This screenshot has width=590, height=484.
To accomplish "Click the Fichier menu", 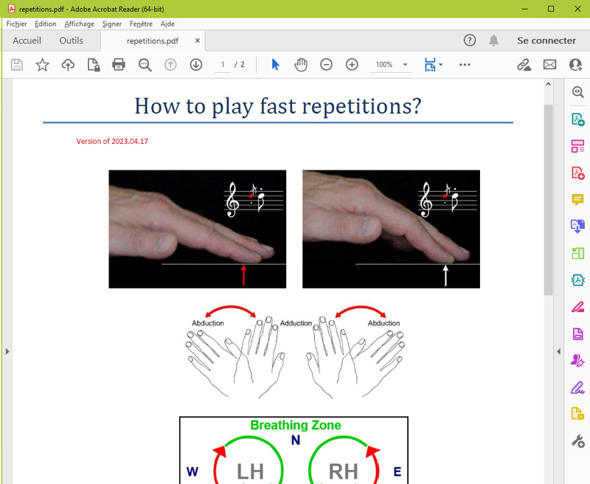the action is [x=16, y=24].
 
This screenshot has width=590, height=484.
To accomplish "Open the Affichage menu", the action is [x=80, y=24].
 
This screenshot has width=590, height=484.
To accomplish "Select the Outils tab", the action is [x=71, y=41].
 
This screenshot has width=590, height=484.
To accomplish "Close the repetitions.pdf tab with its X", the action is [x=197, y=41].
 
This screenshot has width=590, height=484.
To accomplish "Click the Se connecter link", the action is [x=546, y=41].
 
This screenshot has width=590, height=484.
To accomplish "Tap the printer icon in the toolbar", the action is [x=119, y=64].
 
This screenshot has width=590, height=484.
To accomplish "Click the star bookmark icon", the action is [x=42, y=65].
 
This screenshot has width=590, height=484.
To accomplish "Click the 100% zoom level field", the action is [x=384, y=65].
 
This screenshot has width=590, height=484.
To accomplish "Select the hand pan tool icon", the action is [x=301, y=65].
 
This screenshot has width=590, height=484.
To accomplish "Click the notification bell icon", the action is [x=493, y=41].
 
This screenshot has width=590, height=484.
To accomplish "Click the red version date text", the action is [x=112, y=141].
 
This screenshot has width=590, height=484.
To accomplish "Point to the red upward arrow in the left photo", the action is [x=243, y=275].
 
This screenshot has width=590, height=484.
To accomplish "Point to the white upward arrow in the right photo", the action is [x=445, y=275].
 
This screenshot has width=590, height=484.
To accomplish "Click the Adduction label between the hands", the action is [x=296, y=323].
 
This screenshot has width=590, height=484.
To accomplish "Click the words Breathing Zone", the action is [x=296, y=425].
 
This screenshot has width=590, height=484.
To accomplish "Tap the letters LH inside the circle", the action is [x=250, y=471].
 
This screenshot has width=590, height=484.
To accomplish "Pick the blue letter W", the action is [x=192, y=471].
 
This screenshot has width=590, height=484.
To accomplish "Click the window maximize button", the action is [x=551, y=9].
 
